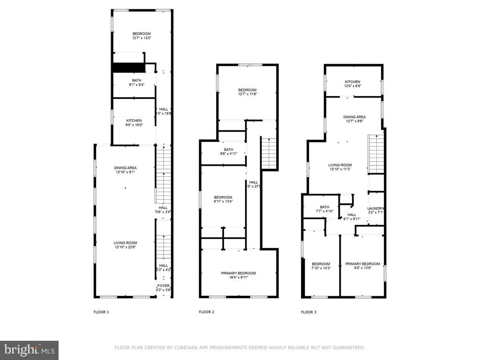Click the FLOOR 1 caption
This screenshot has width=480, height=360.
click(x=101, y=312)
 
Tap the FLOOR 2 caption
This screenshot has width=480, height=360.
click(x=206, y=312)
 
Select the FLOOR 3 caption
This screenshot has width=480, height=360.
click(x=308, y=312)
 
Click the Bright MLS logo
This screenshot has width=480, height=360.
click(x=29, y=350)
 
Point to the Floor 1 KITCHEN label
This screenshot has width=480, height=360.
click(x=134, y=120)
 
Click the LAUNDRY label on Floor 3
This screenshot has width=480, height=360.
click(x=376, y=209)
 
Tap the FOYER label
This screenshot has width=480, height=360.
click(x=164, y=285)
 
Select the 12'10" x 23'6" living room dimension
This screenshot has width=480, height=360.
click(x=125, y=247)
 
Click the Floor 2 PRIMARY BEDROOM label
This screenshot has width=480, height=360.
click(x=239, y=273)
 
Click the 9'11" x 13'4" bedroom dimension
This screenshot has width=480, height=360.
click(x=223, y=202)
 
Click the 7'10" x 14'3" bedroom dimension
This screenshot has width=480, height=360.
click(x=321, y=269)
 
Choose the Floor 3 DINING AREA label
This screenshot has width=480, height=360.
click(x=354, y=117)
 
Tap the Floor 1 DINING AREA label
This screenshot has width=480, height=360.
click(x=125, y=167)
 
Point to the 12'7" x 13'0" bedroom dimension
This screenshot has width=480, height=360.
click(x=142, y=38)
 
